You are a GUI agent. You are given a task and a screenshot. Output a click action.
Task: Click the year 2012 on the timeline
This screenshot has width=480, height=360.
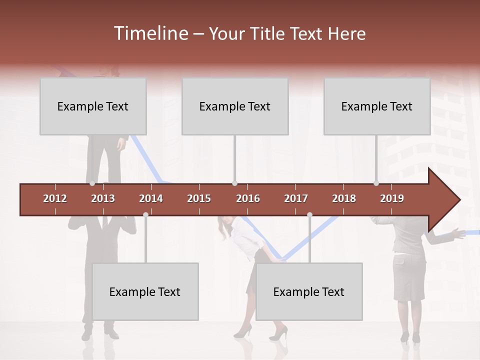click(x=55, y=198)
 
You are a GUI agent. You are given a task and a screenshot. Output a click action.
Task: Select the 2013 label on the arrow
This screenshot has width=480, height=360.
click(x=103, y=198)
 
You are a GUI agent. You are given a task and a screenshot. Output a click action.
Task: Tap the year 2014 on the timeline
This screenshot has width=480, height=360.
click(x=151, y=198)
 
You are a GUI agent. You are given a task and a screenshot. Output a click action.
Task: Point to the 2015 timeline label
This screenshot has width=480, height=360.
click(x=199, y=198)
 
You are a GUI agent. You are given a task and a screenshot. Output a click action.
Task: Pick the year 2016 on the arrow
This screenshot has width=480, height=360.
click(x=248, y=198)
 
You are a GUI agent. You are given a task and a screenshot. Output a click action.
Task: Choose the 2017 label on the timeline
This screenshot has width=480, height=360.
click(x=296, y=198)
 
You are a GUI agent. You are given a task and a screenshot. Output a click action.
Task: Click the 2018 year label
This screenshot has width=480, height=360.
click(x=344, y=198)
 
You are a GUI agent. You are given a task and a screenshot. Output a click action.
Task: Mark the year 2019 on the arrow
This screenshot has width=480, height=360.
click(x=392, y=198)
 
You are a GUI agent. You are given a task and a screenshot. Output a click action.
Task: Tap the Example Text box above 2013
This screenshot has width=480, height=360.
click(x=93, y=106)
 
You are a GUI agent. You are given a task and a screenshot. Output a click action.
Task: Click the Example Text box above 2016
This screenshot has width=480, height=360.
click(x=235, y=106)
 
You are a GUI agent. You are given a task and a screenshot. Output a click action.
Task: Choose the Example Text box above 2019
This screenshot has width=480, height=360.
click(x=377, y=106)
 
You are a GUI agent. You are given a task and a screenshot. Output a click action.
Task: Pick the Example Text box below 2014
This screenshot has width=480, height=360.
click(x=145, y=291)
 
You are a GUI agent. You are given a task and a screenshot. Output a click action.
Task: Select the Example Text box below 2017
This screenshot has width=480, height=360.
click(x=309, y=291)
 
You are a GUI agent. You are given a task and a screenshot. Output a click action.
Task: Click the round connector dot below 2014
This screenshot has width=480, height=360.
click(x=145, y=214)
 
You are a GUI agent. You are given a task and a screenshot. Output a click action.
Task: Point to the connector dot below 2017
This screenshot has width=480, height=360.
click(x=309, y=214)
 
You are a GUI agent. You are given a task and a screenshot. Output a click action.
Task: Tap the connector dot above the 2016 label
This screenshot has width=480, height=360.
click(x=234, y=183)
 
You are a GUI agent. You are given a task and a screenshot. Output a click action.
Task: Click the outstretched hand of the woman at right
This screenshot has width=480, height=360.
click(x=455, y=231)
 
